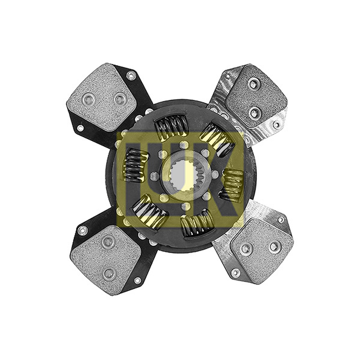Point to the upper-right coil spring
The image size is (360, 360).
(216, 139)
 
